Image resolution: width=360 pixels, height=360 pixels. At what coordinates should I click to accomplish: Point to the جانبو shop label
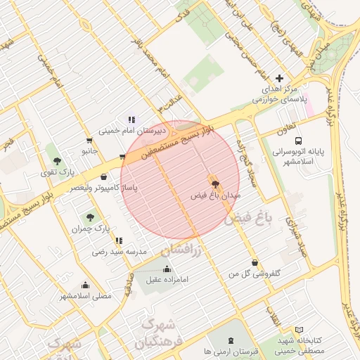tap(89, 150)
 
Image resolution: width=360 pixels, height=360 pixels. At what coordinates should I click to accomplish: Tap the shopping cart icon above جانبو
tap(89, 141)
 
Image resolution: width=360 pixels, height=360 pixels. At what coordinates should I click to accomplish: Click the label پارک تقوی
tap(57, 172)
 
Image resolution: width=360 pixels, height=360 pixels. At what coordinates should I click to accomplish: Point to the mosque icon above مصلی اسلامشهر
tap(85, 285)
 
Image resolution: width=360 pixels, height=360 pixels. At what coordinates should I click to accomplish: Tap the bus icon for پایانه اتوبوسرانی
tap(299, 141)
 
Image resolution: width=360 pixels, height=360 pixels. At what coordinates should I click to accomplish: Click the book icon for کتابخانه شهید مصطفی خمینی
tap(300, 330)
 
